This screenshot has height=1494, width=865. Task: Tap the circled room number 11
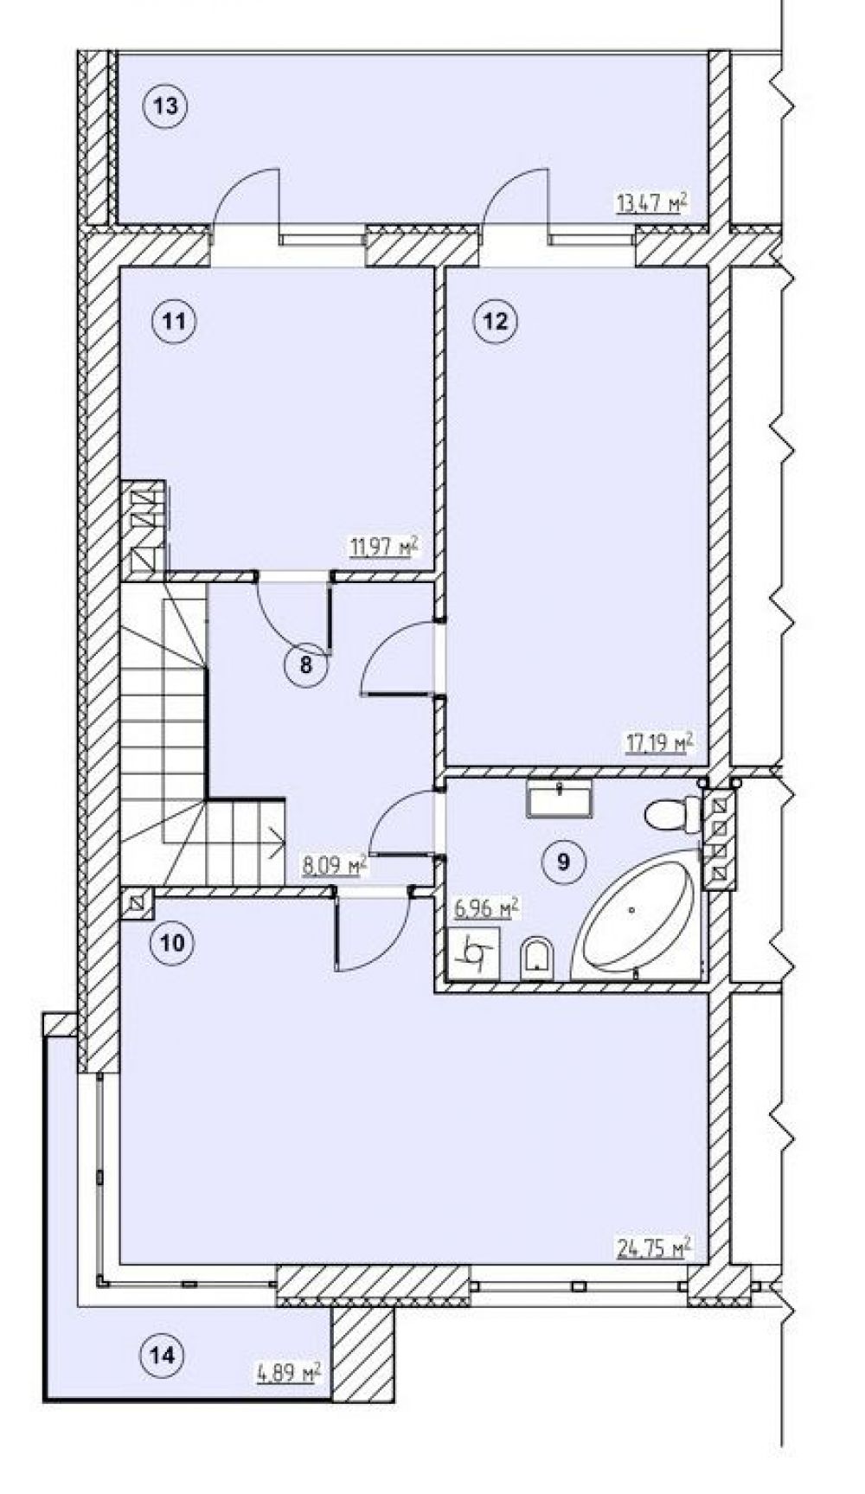click(174, 322)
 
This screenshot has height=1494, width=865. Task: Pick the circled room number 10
click(173, 942)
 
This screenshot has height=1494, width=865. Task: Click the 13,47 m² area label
click(651, 203)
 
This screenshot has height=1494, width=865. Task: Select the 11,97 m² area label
click(383, 546)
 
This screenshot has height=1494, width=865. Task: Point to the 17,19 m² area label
click(660, 742)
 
